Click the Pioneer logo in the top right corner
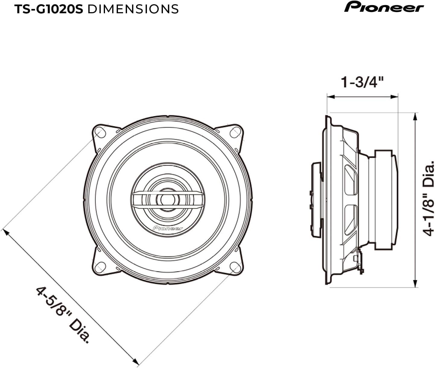point(384,7)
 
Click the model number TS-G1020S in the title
point(49,9)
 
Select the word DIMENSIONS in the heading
point(133,9)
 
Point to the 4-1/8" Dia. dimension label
point(428,199)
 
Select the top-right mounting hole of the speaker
point(235,132)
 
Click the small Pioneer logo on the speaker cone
point(168,228)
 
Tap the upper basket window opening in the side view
point(351,180)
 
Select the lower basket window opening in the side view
point(351,219)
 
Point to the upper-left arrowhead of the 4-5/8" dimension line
point(6,232)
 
